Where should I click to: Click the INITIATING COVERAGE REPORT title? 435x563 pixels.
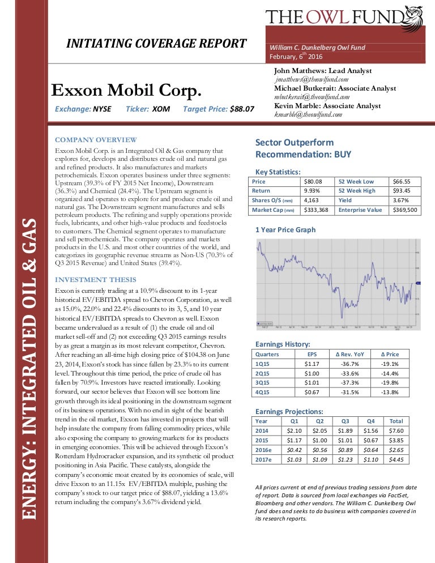156,44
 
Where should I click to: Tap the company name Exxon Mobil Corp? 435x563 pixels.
126,91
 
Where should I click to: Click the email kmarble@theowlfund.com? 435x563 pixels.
309,115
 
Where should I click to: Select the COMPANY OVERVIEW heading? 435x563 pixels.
95,140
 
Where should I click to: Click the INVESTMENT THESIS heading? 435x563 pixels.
95,280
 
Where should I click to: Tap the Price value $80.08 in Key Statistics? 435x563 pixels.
313,181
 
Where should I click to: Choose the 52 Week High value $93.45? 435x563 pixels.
402,191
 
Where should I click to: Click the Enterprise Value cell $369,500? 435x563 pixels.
404,210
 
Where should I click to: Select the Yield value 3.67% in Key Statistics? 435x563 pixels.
400,201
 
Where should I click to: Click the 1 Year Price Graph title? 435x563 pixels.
285,230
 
